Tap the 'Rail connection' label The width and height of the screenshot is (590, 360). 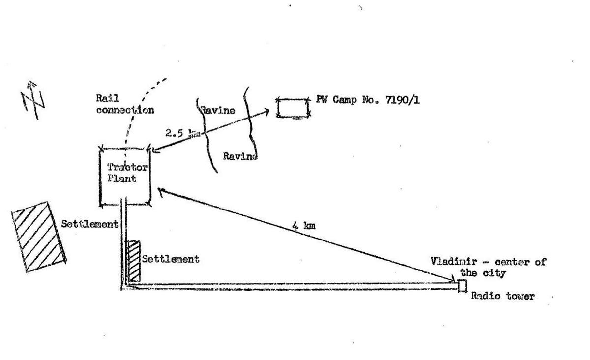click(124, 104)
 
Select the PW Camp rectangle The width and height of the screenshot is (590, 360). click(293, 108)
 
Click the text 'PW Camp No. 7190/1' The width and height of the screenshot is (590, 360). click(368, 100)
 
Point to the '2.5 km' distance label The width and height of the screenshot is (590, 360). click(179, 133)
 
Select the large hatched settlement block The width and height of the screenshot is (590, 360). click(39, 237)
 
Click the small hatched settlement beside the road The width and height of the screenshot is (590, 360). click(133, 261)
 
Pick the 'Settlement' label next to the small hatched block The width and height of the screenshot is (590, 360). click(171, 259)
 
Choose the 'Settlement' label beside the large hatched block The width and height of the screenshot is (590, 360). click(89, 224)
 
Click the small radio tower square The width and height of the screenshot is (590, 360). click(462, 286)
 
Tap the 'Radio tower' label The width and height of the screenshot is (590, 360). click(502, 297)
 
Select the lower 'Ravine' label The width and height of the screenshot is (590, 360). click(239, 156)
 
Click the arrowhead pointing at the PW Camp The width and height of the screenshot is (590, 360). click(266, 112)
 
